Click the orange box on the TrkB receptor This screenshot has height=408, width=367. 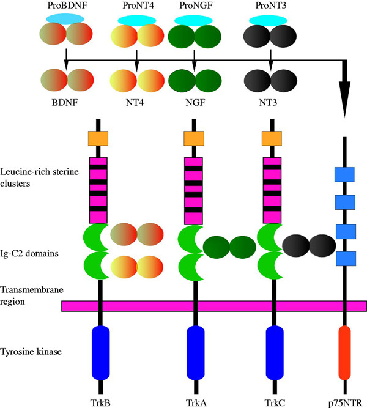[x=98, y=138]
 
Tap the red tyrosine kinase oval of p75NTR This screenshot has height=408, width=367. [x=345, y=352]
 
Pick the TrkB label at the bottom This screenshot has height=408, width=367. [x=98, y=401]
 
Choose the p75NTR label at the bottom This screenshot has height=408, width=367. [x=345, y=401]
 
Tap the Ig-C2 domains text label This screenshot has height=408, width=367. [x=31, y=251]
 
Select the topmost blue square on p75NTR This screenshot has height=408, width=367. [x=345, y=174]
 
